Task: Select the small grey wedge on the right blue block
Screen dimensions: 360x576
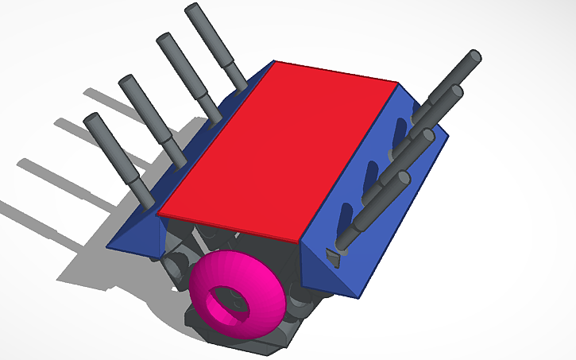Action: coord(334,257)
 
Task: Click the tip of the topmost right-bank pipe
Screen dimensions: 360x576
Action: coord(474,56)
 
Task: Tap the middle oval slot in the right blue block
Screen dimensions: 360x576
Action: coord(370,177)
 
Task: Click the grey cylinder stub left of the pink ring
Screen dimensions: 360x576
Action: coord(176,261)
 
